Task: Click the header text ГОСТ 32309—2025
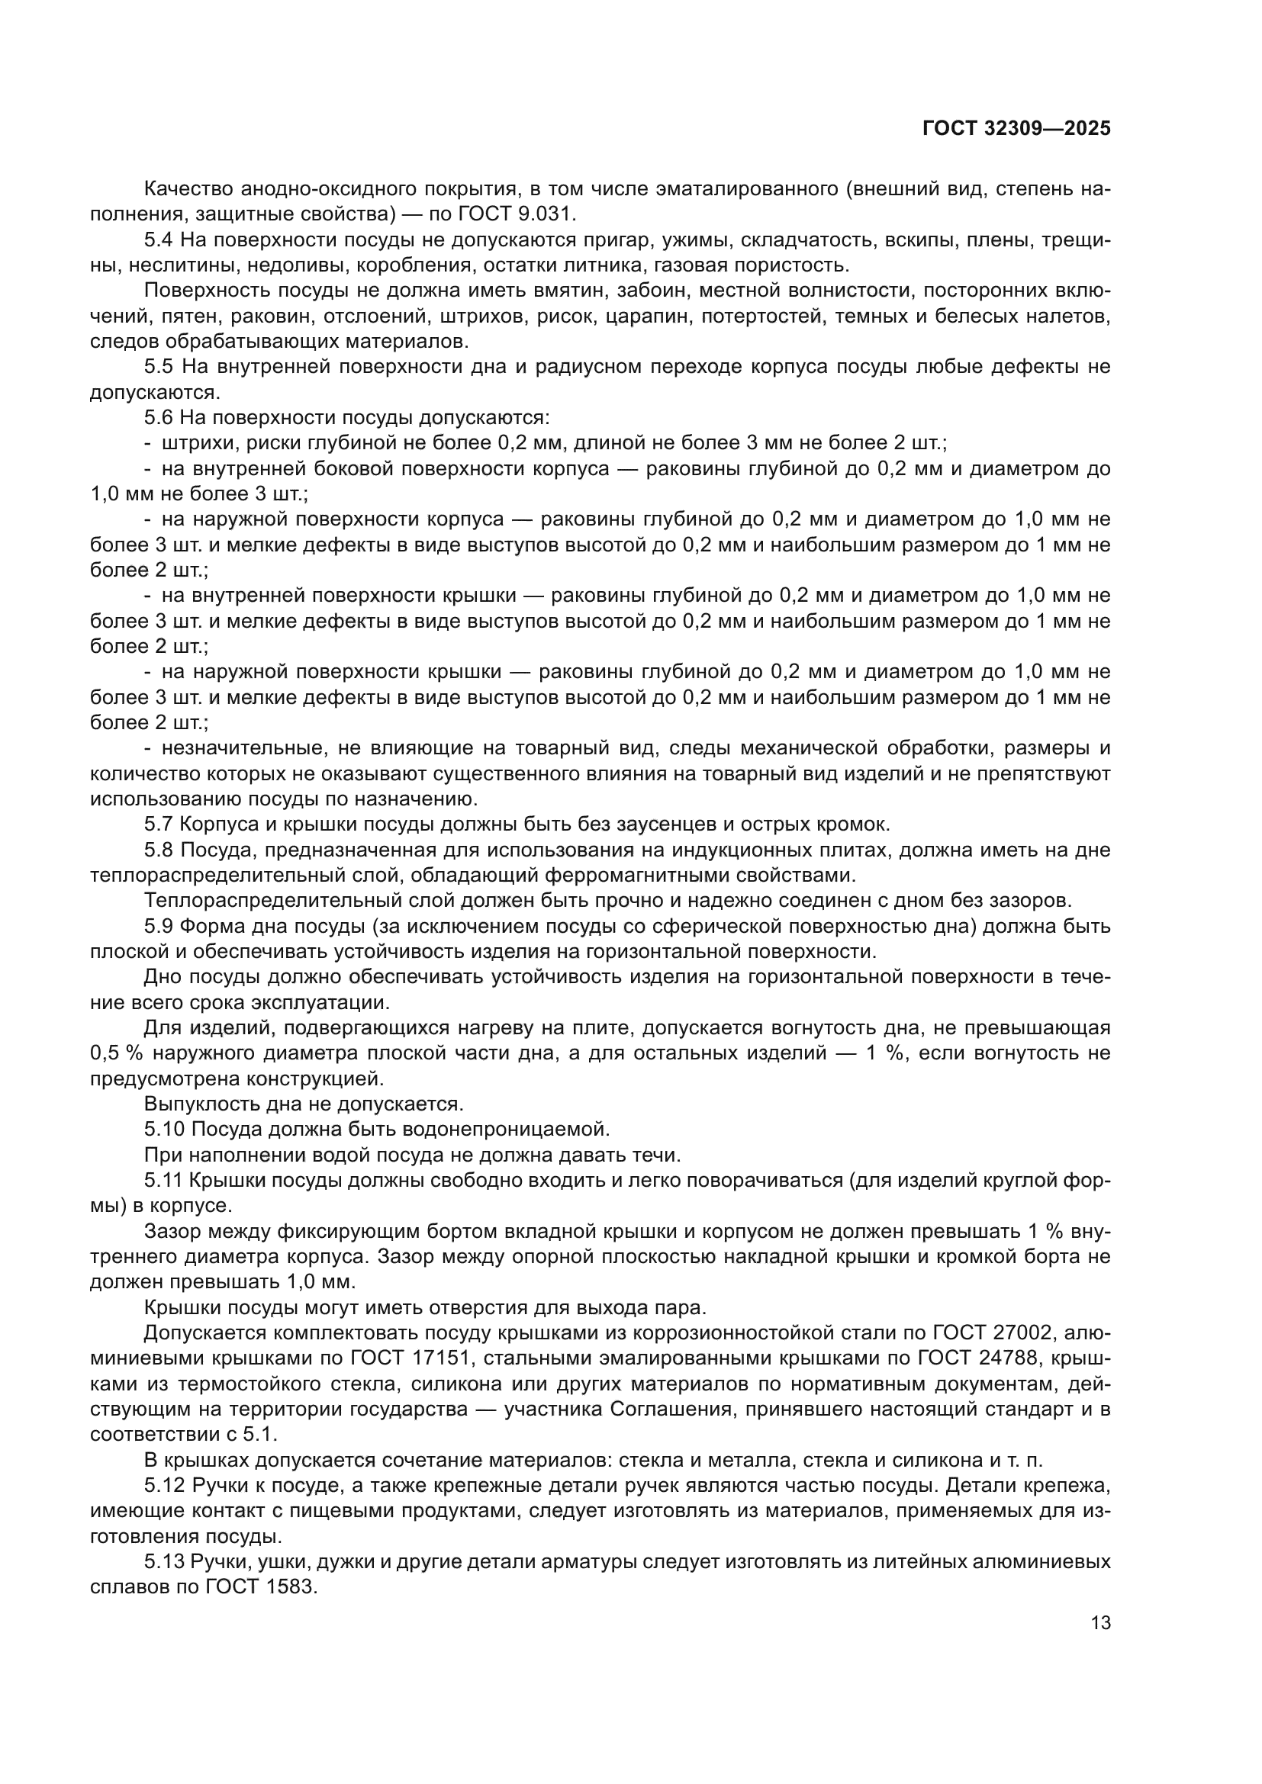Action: tap(1016, 128)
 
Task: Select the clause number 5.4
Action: tap(159, 240)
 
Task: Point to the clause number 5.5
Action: tap(159, 367)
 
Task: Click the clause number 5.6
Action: tap(159, 418)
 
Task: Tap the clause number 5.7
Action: tap(159, 824)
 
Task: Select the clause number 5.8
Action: tap(159, 850)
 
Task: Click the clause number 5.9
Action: tap(159, 926)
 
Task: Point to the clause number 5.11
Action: tap(164, 1179)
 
